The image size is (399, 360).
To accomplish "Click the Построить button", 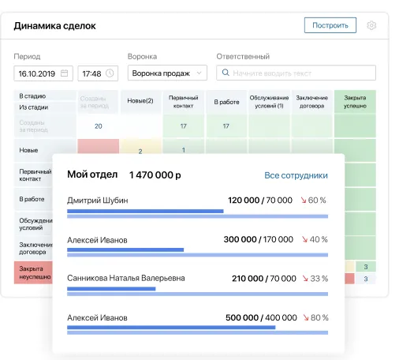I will pos(330,25).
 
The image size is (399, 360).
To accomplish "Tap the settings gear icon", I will pos(372,25).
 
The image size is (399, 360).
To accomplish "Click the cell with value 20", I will pos(98,126).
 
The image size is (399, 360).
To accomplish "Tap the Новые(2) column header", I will pos(140,101).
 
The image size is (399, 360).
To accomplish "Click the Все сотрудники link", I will pos(296,175).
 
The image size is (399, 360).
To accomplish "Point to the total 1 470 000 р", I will pos(155,174).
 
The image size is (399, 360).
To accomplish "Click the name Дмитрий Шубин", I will pos(98,201).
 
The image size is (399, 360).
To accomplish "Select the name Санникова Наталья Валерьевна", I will pos(126,278).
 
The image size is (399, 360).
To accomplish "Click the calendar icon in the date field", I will pos(65,73).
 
